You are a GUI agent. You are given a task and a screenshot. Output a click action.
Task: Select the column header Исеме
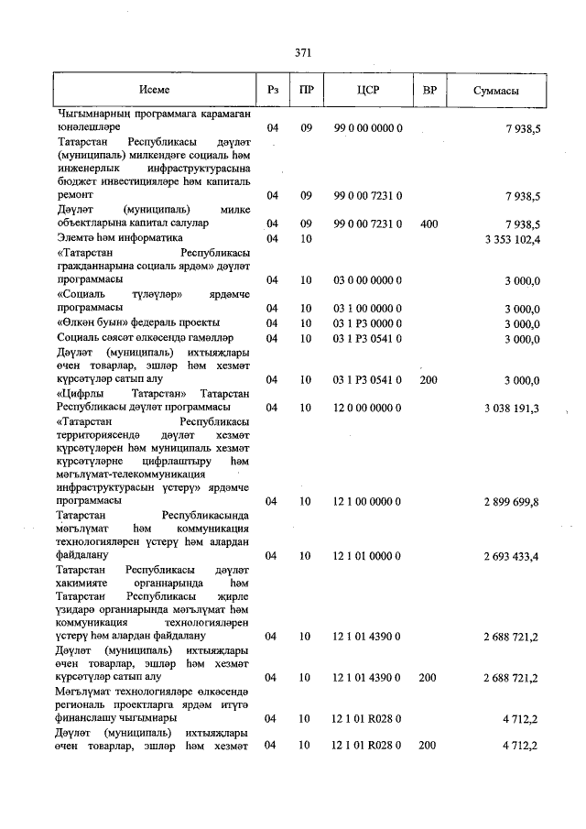coord(155,92)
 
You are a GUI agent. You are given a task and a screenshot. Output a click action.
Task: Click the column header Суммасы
coord(497,92)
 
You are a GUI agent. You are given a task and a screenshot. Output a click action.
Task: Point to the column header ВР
coord(429,92)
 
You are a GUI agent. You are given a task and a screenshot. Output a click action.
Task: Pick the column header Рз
coord(272,92)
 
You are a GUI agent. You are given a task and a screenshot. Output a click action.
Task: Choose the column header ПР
coord(306,92)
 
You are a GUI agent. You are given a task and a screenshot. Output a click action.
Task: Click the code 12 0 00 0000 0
coord(367,408)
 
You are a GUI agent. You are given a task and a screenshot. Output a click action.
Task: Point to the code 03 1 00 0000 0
coord(367,308)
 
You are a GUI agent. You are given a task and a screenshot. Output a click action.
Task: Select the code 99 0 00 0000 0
coord(367,129)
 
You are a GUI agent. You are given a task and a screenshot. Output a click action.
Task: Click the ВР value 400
coord(429,224)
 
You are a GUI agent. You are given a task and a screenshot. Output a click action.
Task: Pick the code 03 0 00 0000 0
coord(367,279)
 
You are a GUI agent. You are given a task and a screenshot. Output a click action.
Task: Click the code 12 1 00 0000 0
coord(367,502)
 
